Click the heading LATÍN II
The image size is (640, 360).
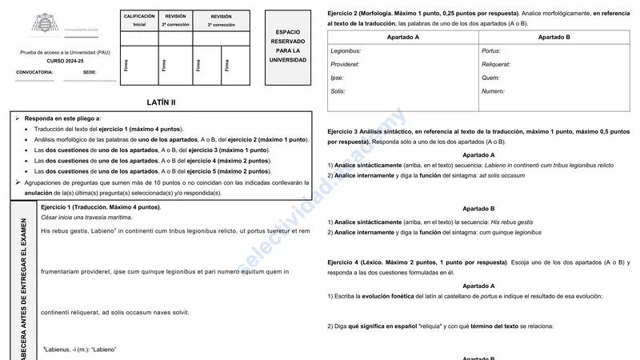tap(162, 102)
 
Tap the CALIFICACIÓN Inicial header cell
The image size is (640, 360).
tap(139, 20)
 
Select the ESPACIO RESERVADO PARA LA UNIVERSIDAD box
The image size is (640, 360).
tap(288, 46)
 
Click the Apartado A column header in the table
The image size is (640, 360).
tap(402, 38)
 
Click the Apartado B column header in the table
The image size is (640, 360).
tap(554, 38)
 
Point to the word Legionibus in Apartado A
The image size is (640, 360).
tap(346, 51)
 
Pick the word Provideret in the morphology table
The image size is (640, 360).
tap(345, 64)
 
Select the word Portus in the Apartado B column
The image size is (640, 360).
tap(491, 51)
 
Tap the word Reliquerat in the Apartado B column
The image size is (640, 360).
tap(496, 64)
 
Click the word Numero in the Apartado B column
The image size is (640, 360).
tap(493, 91)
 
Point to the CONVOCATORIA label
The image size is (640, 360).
tap(34, 72)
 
